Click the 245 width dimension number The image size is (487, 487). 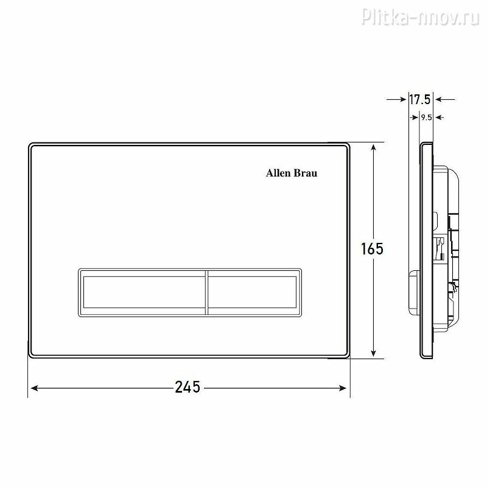[x=187, y=387]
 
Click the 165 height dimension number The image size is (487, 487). [x=372, y=248]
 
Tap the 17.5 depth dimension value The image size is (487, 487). [x=419, y=100]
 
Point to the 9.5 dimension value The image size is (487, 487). [x=427, y=117]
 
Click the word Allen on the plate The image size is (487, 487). [x=278, y=173]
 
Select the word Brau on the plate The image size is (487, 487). [x=306, y=173]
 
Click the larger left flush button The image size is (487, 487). [x=144, y=292]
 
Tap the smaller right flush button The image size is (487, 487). [x=252, y=292]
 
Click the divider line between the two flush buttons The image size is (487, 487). [x=206, y=293]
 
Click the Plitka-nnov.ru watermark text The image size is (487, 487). [x=420, y=16]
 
